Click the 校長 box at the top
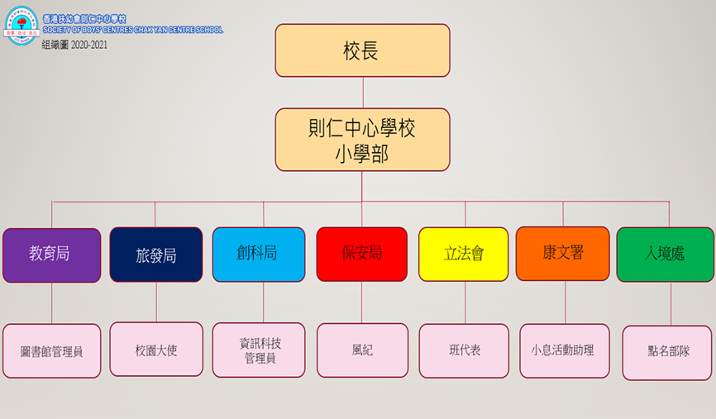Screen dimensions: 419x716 [x=362, y=50]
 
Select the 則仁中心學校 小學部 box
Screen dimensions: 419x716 [x=362, y=140]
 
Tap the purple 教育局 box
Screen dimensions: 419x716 [x=51, y=255]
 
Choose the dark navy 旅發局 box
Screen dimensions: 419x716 [x=156, y=255]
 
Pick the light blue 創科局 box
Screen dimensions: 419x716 [x=259, y=254]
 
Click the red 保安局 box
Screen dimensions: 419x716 [x=361, y=254]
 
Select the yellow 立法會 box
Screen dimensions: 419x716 [x=463, y=254]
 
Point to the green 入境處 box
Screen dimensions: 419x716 [x=666, y=254]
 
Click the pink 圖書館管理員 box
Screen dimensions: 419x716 [x=51, y=351]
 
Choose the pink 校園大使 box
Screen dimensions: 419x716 [x=156, y=350]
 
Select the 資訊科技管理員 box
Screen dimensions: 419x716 [x=259, y=350]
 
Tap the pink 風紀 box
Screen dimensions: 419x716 [x=362, y=350]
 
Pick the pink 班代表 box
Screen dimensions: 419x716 [x=463, y=350]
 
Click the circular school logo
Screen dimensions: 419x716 [x=21, y=24]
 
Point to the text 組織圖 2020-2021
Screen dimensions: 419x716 [x=74, y=45]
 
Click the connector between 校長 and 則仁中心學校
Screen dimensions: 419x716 [x=362, y=93]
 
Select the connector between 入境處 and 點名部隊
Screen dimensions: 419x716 [x=671, y=303]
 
